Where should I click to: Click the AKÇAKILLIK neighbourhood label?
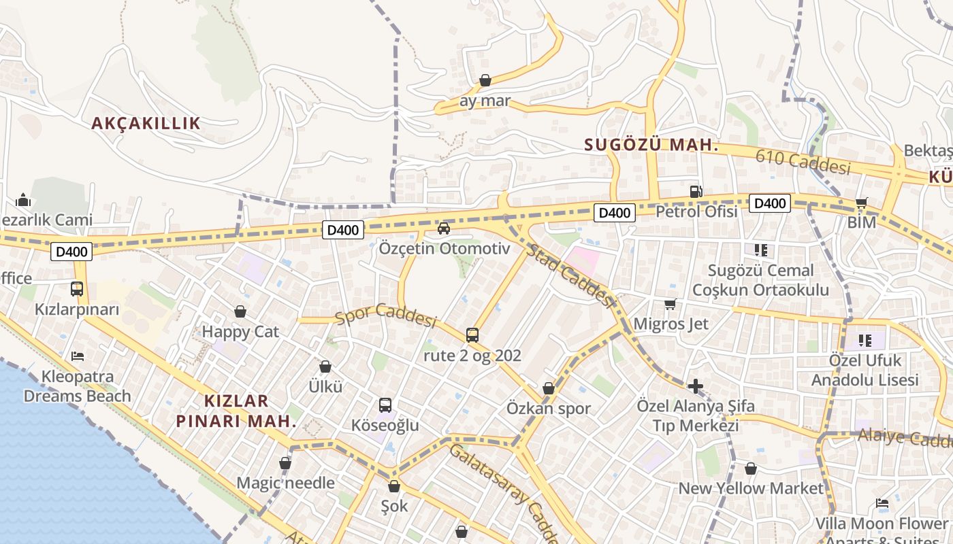(146, 123)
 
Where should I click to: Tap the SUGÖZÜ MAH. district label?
(651, 145)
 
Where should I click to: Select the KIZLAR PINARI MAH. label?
(236, 411)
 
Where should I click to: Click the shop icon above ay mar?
(485, 81)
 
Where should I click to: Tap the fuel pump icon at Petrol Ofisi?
(696, 192)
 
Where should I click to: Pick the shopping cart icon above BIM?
(861, 203)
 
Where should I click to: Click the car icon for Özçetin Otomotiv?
(444, 228)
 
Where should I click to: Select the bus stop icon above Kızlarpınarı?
(77, 288)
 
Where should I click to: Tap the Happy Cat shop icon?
(240, 311)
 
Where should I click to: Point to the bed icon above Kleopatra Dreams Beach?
(77, 356)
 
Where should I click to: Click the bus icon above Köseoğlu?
(385, 405)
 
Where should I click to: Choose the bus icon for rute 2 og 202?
(472, 335)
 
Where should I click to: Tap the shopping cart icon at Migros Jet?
(671, 304)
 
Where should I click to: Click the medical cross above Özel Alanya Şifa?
(695, 386)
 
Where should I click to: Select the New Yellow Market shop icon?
(751, 469)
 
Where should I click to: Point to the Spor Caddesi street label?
(385, 316)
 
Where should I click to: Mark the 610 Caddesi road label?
(803, 162)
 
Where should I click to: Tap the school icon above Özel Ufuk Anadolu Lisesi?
(865, 340)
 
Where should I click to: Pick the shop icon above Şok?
(394, 486)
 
